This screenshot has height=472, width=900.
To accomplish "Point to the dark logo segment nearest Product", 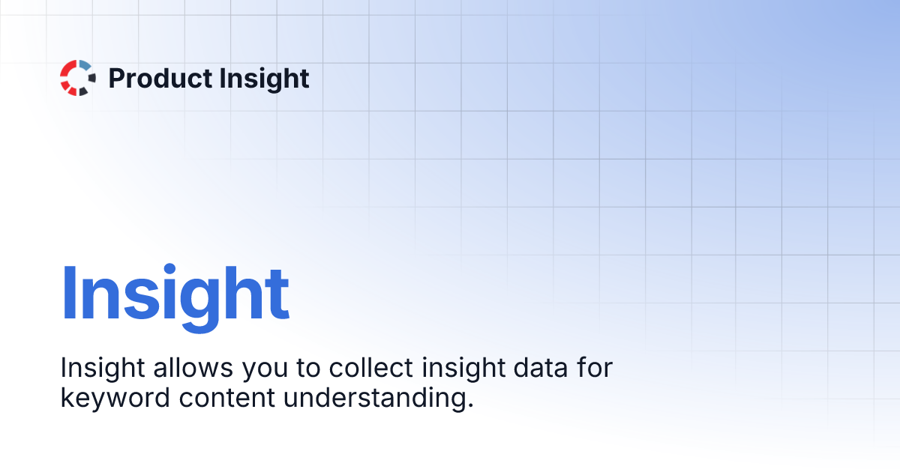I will coord(91,78).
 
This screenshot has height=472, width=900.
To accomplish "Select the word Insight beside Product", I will coord(259,78).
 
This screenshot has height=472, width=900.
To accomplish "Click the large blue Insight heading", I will coord(175,294).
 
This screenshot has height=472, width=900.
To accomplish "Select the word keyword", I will coord(115,398).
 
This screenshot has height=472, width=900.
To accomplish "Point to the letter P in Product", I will coord(117,78).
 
